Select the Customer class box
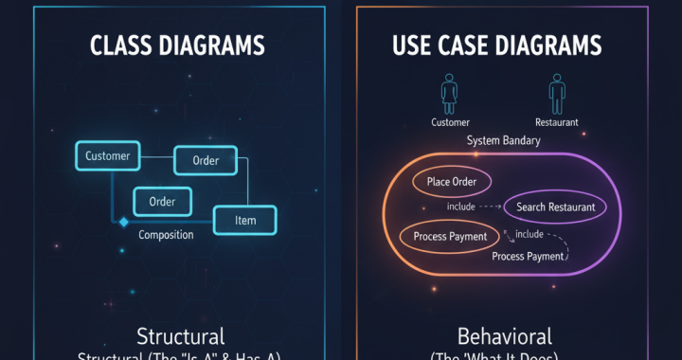[x=107, y=156]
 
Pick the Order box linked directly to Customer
[x=205, y=160]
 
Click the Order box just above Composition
[x=162, y=201]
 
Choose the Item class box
[x=246, y=221]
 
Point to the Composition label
[x=166, y=234]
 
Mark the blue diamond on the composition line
[x=122, y=222]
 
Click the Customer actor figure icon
[x=449, y=95]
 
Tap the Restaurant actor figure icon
[x=556, y=95]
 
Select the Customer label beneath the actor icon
[x=450, y=122]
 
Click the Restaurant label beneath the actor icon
[x=557, y=122]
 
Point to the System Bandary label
[x=503, y=140]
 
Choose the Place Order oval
[x=452, y=182]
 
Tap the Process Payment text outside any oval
[x=528, y=256]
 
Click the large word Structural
[x=180, y=336]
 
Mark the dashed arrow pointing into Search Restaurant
[x=490, y=207]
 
